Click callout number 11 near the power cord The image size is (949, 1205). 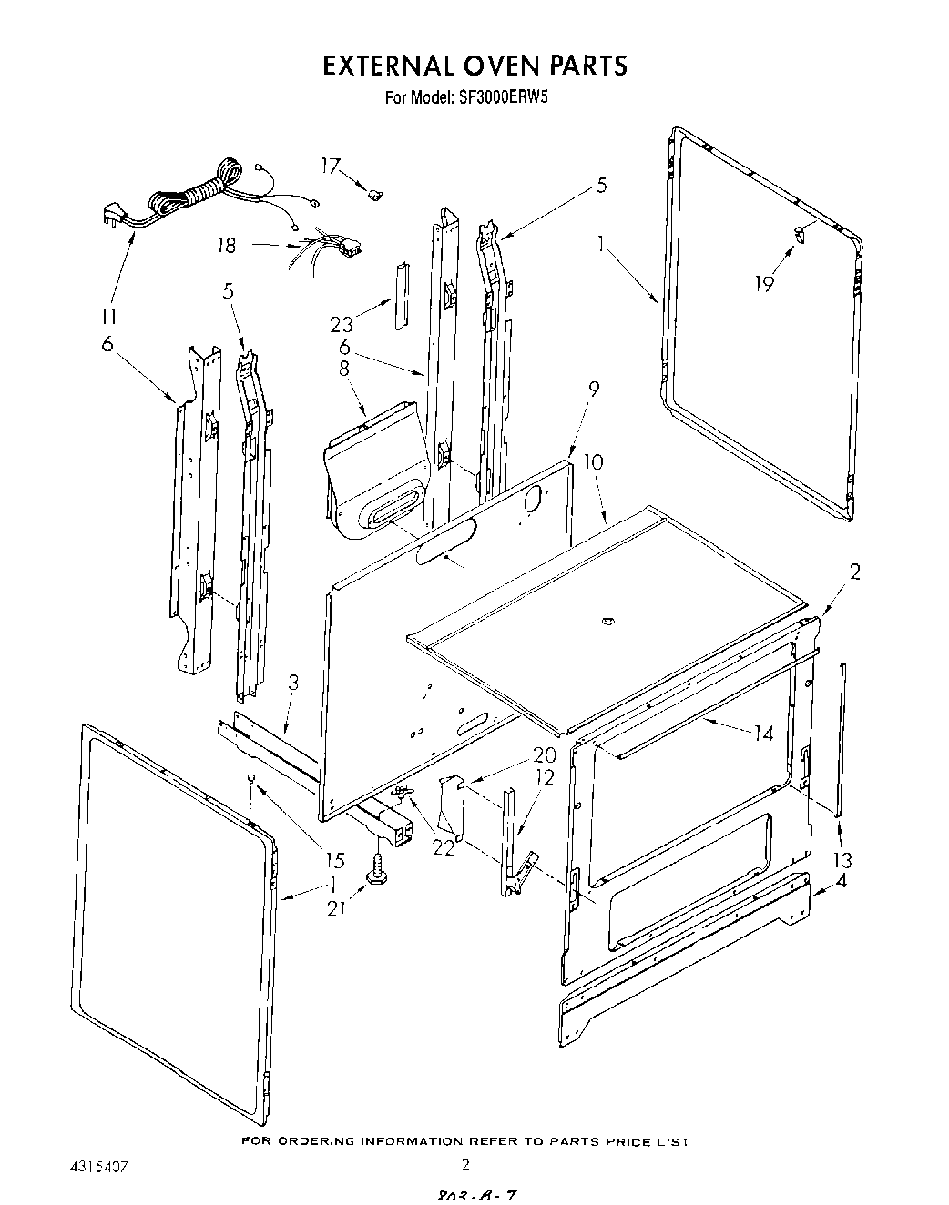[108, 317]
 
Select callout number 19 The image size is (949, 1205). [763, 283]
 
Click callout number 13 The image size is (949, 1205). [842, 860]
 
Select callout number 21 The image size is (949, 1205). [337, 908]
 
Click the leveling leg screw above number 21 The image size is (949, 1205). [375, 872]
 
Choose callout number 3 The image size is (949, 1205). [293, 683]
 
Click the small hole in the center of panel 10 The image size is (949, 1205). [607, 622]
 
